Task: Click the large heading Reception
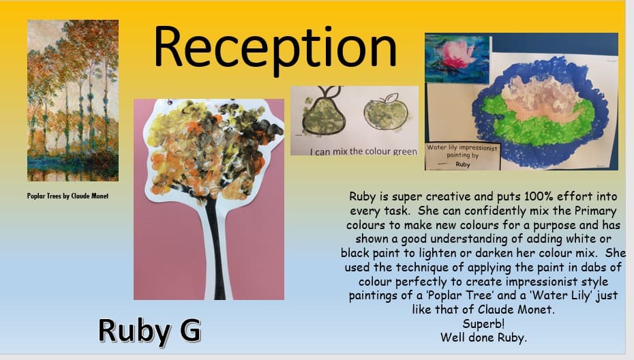pyautogui.click(x=275, y=48)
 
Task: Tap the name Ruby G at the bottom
pyautogui.click(x=149, y=331)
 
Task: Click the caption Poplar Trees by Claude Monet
pyautogui.click(x=68, y=196)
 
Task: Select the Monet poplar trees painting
pyautogui.click(x=73, y=100)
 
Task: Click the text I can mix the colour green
pyautogui.click(x=363, y=151)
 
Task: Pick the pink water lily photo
pyautogui.click(x=457, y=59)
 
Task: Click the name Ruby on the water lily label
pyautogui.click(x=463, y=164)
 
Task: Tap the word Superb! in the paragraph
pyautogui.click(x=483, y=324)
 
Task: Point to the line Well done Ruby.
pyautogui.click(x=483, y=337)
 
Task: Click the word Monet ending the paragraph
pyautogui.click(x=534, y=310)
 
